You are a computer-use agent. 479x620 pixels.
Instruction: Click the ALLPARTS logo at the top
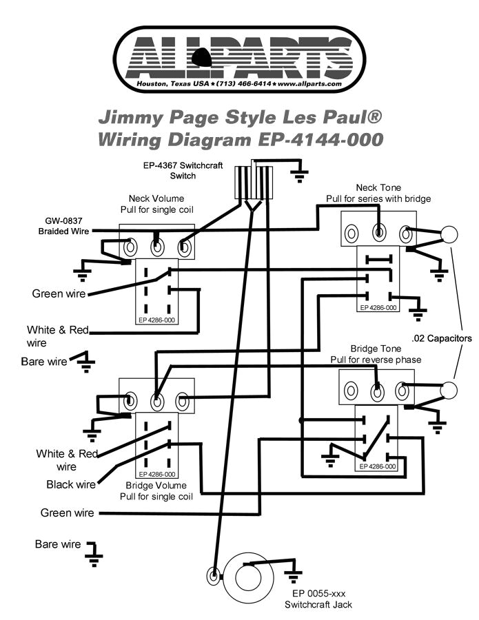click(x=239, y=54)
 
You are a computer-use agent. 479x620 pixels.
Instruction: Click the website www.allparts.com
click(x=310, y=83)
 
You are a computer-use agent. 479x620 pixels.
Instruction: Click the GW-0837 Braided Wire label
click(x=63, y=227)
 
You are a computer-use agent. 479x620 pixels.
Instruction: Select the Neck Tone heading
click(x=378, y=188)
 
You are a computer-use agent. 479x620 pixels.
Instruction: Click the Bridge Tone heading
click(x=376, y=349)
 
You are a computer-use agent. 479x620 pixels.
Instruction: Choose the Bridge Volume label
click(x=156, y=486)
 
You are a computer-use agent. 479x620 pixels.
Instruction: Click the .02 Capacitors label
click(x=442, y=339)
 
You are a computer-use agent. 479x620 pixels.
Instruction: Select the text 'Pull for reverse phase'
click(x=376, y=360)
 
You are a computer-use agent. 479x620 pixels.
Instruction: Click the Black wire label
click(x=70, y=484)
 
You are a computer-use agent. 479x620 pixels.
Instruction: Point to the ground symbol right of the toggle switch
click(x=298, y=175)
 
